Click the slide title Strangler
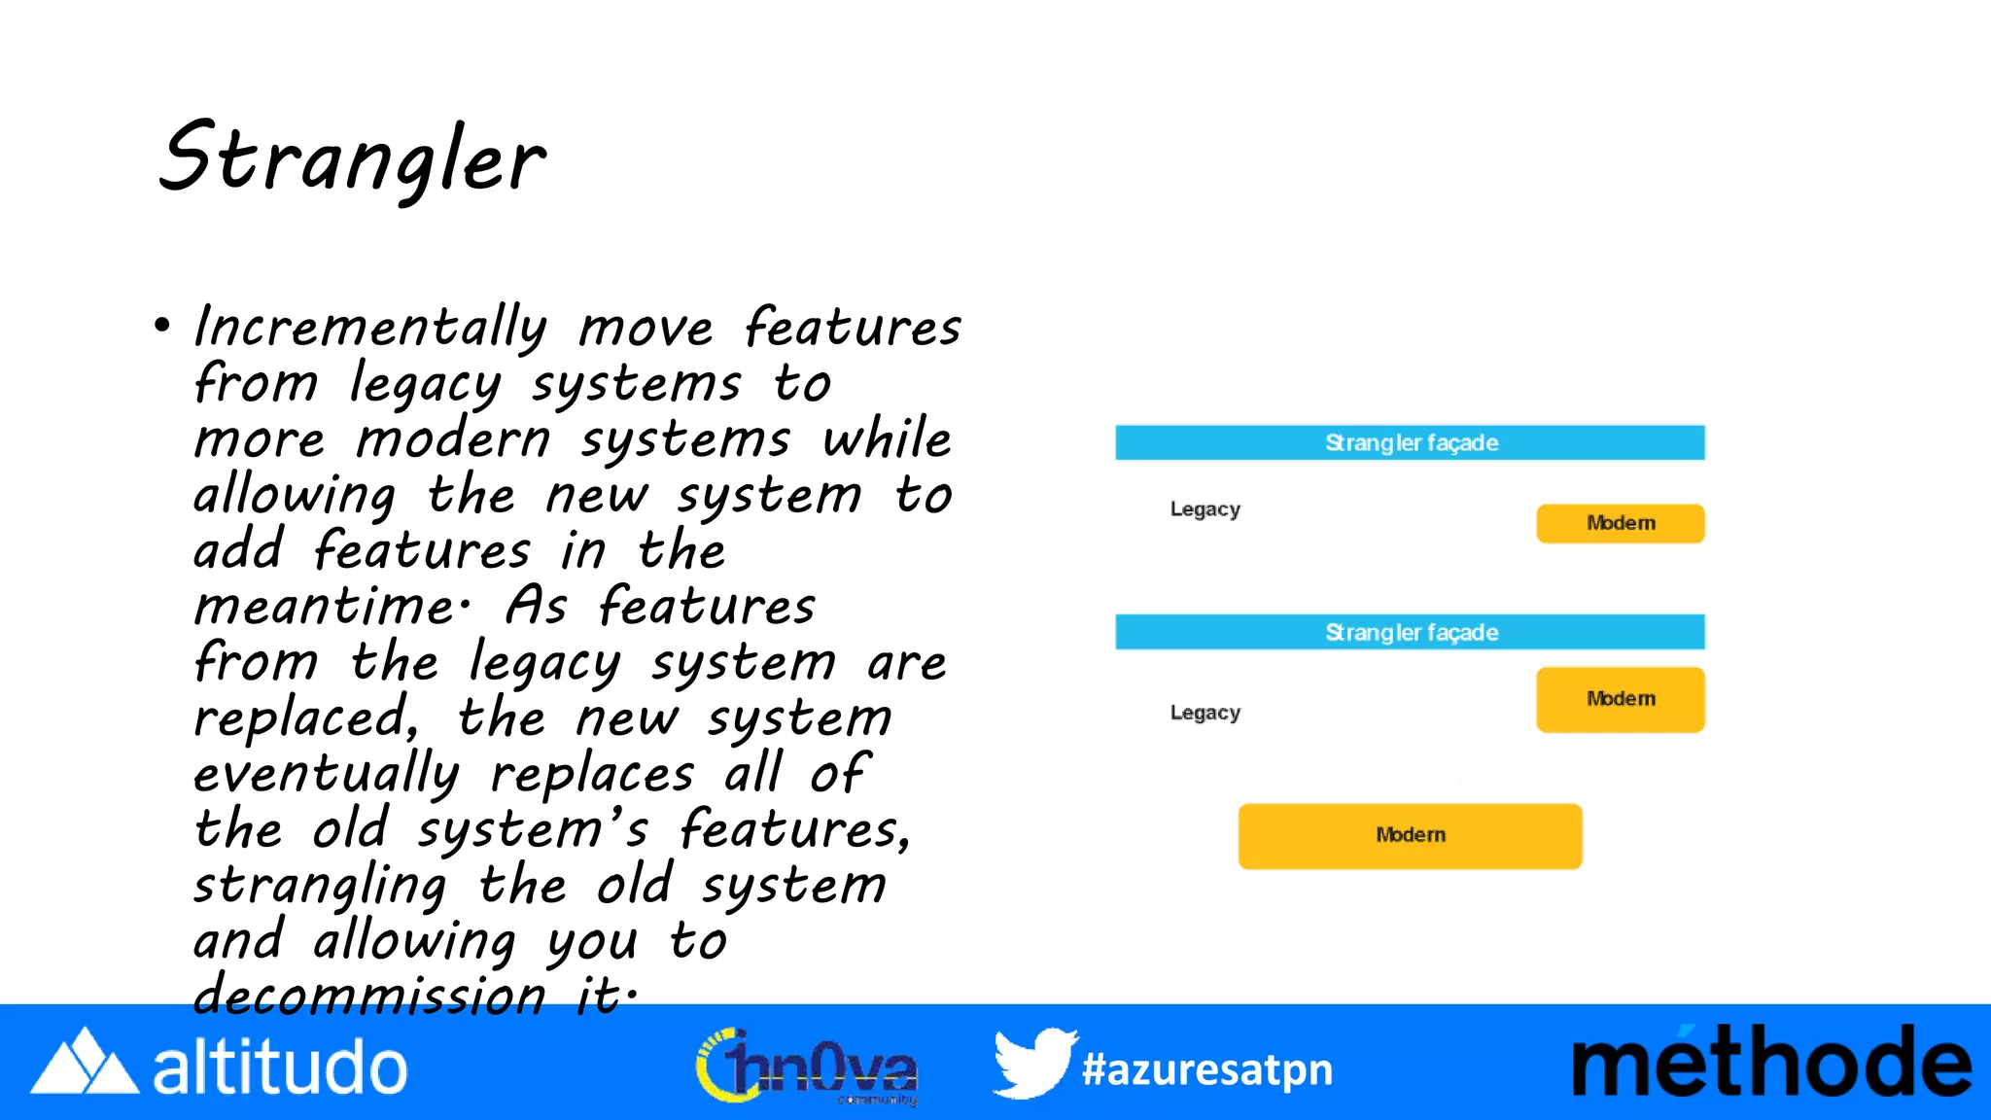point(352,159)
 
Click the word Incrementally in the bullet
point(370,327)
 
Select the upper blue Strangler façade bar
point(1410,442)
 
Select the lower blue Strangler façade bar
point(1410,632)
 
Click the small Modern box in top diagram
point(1620,523)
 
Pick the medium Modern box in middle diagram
point(1620,699)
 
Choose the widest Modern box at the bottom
point(1410,835)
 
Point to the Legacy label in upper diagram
point(1205,509)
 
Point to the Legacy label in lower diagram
point(1205,713)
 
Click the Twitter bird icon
point(1033,1064)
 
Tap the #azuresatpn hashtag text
point(1207,1069)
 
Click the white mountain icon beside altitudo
point(84,1064)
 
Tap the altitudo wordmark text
point(280,1067)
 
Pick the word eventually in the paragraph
point(326,775)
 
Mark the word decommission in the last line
point(370,997)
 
